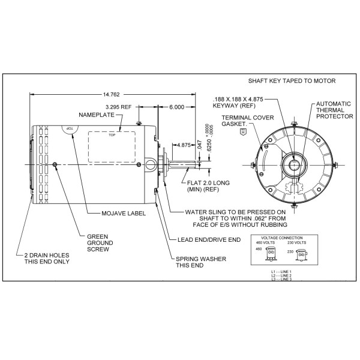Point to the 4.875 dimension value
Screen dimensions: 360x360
point(184,144)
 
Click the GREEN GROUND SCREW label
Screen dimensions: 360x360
point(98,243)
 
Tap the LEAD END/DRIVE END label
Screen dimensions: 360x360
point(209,239)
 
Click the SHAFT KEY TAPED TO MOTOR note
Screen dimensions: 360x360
point(292,80)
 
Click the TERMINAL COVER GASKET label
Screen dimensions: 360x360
point(242,121)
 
